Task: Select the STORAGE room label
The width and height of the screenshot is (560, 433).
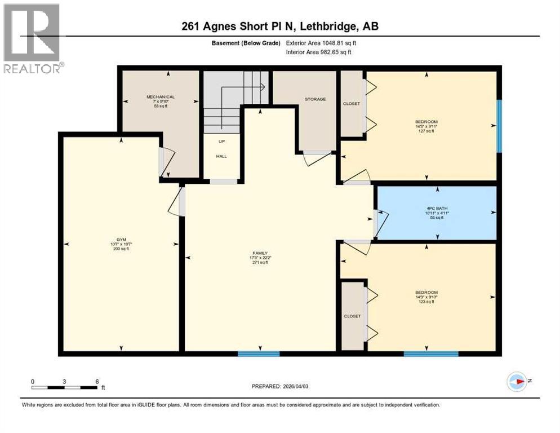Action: [315, 99]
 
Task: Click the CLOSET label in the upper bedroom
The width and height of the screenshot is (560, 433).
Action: [352, 104]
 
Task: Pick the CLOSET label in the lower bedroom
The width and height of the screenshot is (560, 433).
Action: [352, 316]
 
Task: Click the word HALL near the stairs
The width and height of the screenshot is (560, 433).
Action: [222, 156]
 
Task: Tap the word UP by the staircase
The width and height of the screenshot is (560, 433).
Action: [222, 142]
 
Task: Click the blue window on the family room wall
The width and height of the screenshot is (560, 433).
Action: [259, 354]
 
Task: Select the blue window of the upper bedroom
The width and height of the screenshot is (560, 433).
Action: [499, 126]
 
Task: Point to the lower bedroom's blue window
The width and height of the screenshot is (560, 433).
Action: [430, 354]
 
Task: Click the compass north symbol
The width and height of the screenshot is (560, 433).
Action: [517, 382]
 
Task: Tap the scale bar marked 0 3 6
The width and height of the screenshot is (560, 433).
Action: [66, 386]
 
